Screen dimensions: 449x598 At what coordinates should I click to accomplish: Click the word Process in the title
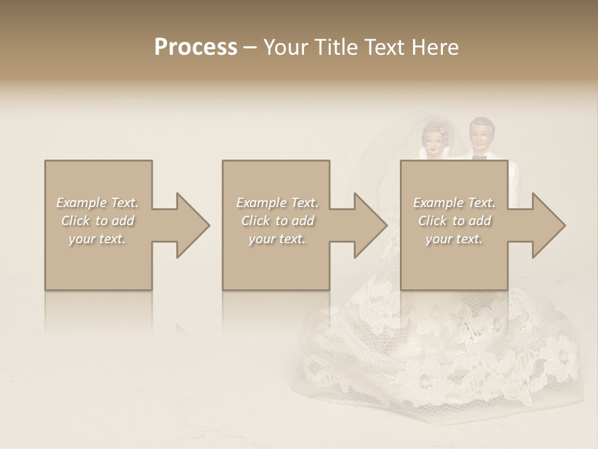click(x=196, y=47)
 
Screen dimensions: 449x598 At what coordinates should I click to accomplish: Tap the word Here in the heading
click(x=435, y=47)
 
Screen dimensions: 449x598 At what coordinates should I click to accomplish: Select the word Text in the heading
click(x=386, y=47)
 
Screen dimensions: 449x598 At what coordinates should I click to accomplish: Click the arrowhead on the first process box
click(x=190, y=225)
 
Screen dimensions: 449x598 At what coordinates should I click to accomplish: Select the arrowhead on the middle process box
click(x=368, y=225)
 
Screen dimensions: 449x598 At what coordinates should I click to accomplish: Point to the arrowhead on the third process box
click(x=546, y=225)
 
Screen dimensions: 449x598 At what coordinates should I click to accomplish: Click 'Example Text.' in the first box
click(x=98, y=203)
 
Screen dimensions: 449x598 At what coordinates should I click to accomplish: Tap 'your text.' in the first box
click(x=98, y=239)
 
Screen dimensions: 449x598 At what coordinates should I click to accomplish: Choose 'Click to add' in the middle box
click(x=277, y=221)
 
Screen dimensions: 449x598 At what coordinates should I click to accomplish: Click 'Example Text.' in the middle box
click(x=277, y=203)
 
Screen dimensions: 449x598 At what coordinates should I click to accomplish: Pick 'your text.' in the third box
click(x=454, y=239)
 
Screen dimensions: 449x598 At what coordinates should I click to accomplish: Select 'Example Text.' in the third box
click(x=454, y=203)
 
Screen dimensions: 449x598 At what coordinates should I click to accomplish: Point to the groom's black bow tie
click(x=479, y=158)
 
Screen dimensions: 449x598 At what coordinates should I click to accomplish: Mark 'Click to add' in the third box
click(x=454, y=221)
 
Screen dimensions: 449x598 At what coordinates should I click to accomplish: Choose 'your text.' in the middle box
click(x=277, y=239)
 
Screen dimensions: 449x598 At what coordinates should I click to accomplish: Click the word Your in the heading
click(x=284, y=47)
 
